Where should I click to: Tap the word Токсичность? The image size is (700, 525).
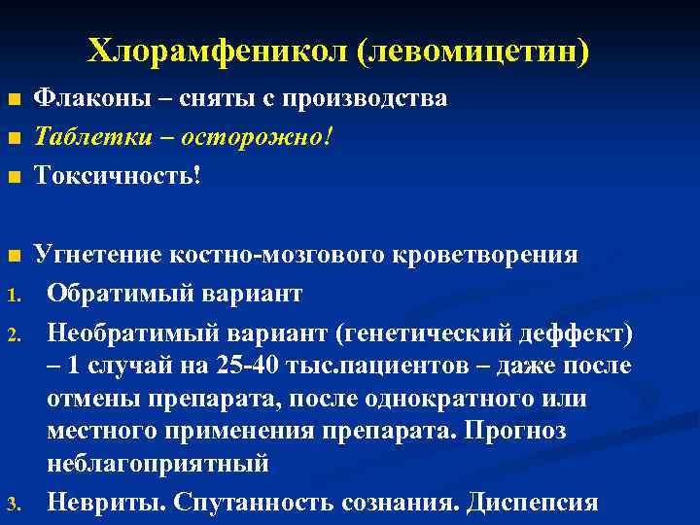click(x=117, y=175)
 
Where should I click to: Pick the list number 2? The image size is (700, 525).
click(x=13, y=335)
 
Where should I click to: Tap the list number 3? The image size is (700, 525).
click(x=13, y=504)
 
